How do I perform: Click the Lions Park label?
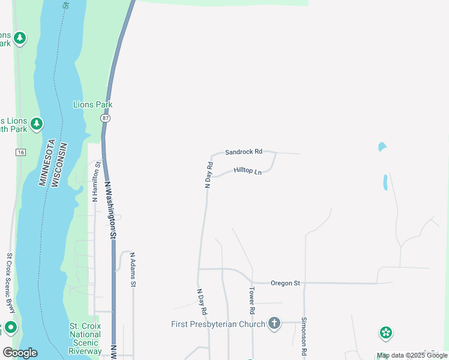[x=92, y=104]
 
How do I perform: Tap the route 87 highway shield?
[x=106, y=119]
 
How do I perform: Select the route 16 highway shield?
[x=20, y=152]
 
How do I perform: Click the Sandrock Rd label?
[x=244, y=152]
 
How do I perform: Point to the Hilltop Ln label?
[x=248, y=171]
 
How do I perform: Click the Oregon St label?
[x=285, y=283]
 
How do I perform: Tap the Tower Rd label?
[x=252, y=301]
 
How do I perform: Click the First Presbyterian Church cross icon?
[x=274, y=324]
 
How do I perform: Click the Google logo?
[x=20, y=353]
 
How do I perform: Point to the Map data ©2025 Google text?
[x=412, y=355]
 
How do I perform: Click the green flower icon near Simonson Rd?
[x=385, y=332]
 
